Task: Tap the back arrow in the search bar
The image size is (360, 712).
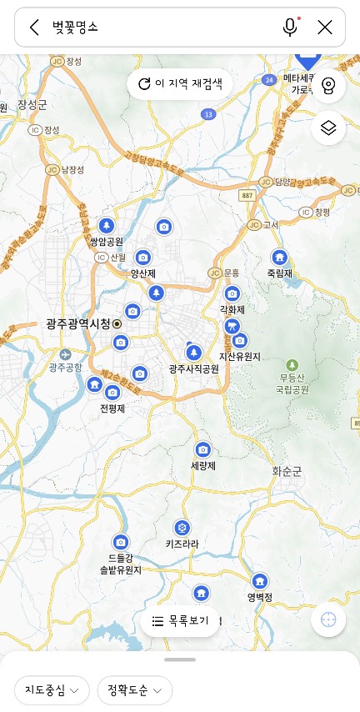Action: click(x=34, y=28)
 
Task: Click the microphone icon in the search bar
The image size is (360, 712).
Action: click(x=290, y=28)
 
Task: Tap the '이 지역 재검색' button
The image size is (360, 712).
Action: click(x=180, y=83)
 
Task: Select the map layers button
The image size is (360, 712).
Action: click(x=328, y=128)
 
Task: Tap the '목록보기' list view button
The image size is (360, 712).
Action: click(x=180, y=621)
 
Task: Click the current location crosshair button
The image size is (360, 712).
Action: click(x=328, y=619)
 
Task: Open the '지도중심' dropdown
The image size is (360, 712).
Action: click(x=52, y=690)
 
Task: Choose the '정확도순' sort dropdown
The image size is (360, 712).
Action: click(x=134, y=690)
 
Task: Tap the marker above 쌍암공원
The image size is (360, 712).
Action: click(x=106, y=225)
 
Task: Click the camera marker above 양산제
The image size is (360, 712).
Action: click(x=143, y=258)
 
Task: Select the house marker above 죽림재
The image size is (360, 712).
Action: click(x=279, y=257)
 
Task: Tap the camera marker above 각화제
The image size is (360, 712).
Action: click(x=232, y=293)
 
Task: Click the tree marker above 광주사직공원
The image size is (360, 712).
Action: click(x=193, y=351)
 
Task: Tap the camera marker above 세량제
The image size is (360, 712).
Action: click(x=202, y=449)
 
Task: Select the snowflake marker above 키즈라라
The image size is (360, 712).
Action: click(x=181, y=527)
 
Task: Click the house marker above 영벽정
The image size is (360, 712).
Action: click(x=260, y=581)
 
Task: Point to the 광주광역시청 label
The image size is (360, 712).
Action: click(x=79, y=323)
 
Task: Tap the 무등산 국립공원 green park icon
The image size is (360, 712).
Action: click(x=292, y=365)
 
